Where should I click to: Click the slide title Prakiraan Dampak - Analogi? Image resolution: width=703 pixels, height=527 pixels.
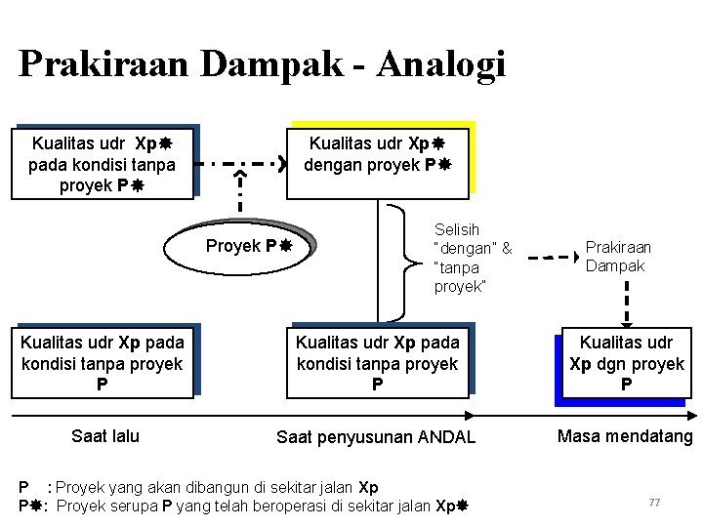click(262, 64)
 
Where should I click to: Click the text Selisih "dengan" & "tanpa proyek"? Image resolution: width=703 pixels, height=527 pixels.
click(473, 258)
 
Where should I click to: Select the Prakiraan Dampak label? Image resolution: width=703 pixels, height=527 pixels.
click(618, 257)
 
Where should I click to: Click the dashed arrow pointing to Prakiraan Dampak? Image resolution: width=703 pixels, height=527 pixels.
click(552, 258)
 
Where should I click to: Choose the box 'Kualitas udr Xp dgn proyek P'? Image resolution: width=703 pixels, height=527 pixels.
click(626, 364)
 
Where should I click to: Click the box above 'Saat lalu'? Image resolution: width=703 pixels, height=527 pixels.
click(103, 363)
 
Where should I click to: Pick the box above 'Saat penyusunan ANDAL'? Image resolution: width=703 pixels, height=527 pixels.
click(377, 363)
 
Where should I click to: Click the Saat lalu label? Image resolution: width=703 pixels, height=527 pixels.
click(105, 436)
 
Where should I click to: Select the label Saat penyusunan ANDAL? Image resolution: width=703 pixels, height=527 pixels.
click(376, 438)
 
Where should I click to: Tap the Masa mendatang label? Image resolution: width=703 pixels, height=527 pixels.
click(625, 436)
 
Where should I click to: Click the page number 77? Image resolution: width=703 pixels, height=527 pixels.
click(655, 502)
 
